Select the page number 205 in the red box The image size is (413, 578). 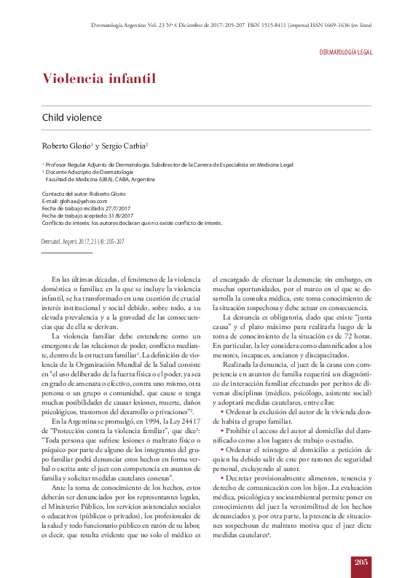click(361, 561)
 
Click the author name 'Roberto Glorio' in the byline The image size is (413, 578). click(65, 146)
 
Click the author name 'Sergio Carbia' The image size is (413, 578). click(125, 146)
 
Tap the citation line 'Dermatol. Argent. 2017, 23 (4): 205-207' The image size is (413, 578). click(83, 240)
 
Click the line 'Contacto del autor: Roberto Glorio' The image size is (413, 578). click(84, 194)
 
